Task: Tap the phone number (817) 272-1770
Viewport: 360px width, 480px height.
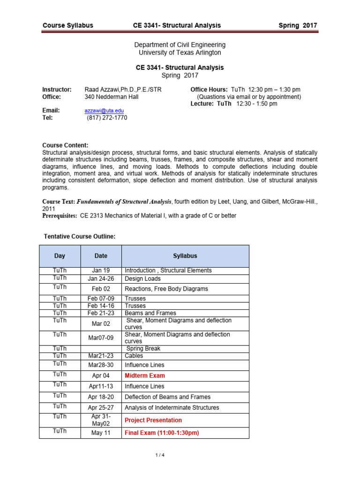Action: [107, 118]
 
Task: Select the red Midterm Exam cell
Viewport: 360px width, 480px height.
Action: [145, 375]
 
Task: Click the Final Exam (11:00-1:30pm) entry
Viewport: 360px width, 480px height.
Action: [162, 433]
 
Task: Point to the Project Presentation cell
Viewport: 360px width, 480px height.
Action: [153, 420]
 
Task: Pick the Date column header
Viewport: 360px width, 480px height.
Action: [101, 256]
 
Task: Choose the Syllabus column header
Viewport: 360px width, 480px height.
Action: [185, 256]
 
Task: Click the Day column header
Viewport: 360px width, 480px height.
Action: [60, 256]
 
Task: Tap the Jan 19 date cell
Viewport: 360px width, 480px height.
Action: [101, 270]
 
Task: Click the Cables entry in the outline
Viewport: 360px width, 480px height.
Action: [134, 356]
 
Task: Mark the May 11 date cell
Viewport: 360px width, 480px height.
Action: [101, 433]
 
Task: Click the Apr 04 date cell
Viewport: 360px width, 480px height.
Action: [101, 375]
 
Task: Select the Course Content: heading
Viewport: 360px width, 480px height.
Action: [65, 145]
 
